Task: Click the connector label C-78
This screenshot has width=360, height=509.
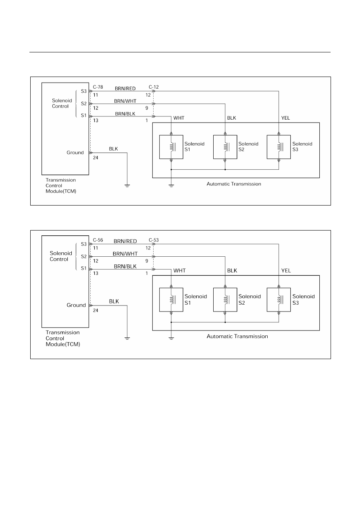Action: [x=98, y=87]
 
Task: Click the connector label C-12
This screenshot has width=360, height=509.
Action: [x=154, y=87]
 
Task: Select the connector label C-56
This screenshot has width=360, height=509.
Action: [x=98, y=240]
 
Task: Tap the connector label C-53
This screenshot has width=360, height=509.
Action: [x=154, y=240]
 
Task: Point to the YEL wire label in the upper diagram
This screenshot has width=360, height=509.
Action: [x=285, y=118]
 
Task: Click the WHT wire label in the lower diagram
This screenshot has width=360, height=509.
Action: [x=179, y=271]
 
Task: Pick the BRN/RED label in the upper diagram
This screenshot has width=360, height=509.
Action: [x=125, y=88]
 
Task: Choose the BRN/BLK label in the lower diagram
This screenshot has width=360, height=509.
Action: [x=125, y=266]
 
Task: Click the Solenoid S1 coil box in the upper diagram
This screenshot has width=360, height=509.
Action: [x=171, y=147]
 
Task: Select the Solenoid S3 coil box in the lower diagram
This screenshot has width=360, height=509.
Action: [x=279, y=300]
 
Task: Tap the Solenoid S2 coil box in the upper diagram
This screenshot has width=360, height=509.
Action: [x=225, y=147]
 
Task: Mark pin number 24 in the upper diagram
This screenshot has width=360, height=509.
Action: [x=96, y=158]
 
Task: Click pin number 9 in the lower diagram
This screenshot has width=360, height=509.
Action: [x=147, y=261]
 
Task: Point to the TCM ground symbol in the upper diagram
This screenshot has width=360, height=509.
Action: [x=127, y=186]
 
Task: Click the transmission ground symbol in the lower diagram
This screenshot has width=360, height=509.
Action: [x=171, y=339]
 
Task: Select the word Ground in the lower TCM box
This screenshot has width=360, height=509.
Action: [x=76, y=305]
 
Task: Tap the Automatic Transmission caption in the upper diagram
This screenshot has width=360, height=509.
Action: [x=234, y=184]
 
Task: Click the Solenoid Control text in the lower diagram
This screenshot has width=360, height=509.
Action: [x=61, y=256]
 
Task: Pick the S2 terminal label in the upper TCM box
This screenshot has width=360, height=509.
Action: [x=83, y=104]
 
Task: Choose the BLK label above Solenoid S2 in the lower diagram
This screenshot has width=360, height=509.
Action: [x=232, y=271]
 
